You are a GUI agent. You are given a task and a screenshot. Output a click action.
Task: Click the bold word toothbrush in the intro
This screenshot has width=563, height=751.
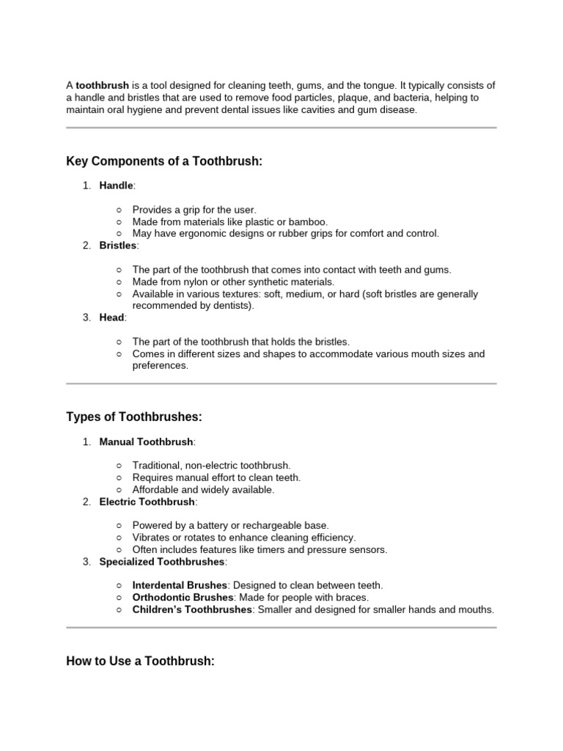point(103,86)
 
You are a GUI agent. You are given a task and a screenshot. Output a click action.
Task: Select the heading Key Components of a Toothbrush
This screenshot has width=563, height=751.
point(163,161)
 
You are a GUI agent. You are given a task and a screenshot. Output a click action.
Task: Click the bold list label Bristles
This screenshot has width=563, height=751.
point(118,246)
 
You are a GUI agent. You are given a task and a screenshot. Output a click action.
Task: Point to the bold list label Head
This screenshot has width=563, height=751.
point(112,318)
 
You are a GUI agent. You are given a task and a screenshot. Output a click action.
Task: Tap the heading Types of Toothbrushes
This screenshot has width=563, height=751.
point(133,417)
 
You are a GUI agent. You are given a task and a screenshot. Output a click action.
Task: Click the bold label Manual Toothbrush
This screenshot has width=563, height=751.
point(147,442)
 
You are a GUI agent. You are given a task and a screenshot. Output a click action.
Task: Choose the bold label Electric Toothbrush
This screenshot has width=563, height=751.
point(147,502)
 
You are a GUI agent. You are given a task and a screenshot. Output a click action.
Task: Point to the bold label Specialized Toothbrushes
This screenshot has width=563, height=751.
point(162,562)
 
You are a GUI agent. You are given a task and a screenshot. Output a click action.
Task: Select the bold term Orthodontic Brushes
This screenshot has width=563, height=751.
point(182,598)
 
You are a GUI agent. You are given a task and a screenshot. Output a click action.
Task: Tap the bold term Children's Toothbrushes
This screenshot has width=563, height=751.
point(192,609)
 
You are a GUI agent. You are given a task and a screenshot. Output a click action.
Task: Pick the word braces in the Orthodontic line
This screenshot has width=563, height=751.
point(352,598)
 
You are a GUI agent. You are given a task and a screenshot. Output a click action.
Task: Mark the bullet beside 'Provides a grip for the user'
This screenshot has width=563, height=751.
point(119,210)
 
